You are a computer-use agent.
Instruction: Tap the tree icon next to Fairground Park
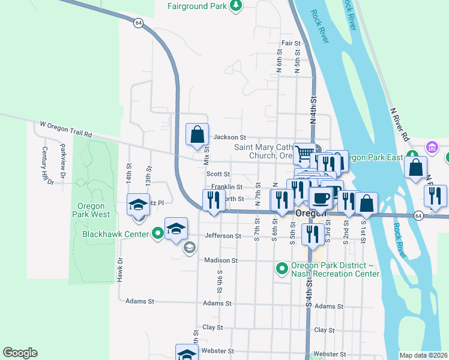tap(237, 6)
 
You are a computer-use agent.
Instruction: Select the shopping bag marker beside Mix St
tap(197, 136)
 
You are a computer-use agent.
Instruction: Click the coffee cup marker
tap(320, 197)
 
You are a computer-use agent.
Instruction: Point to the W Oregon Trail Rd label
tap(65, 130)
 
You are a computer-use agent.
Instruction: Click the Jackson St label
tap(230, 137)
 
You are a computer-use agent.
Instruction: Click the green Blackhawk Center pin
tap(157, 233)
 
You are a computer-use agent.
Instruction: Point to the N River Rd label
tap(399, 125)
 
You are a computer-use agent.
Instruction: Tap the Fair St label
tap(291, 43)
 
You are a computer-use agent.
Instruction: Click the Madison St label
tap(221, 260)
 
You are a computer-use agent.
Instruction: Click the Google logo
tap(20, 353)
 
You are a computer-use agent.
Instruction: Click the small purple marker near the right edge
tap(431, 147)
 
